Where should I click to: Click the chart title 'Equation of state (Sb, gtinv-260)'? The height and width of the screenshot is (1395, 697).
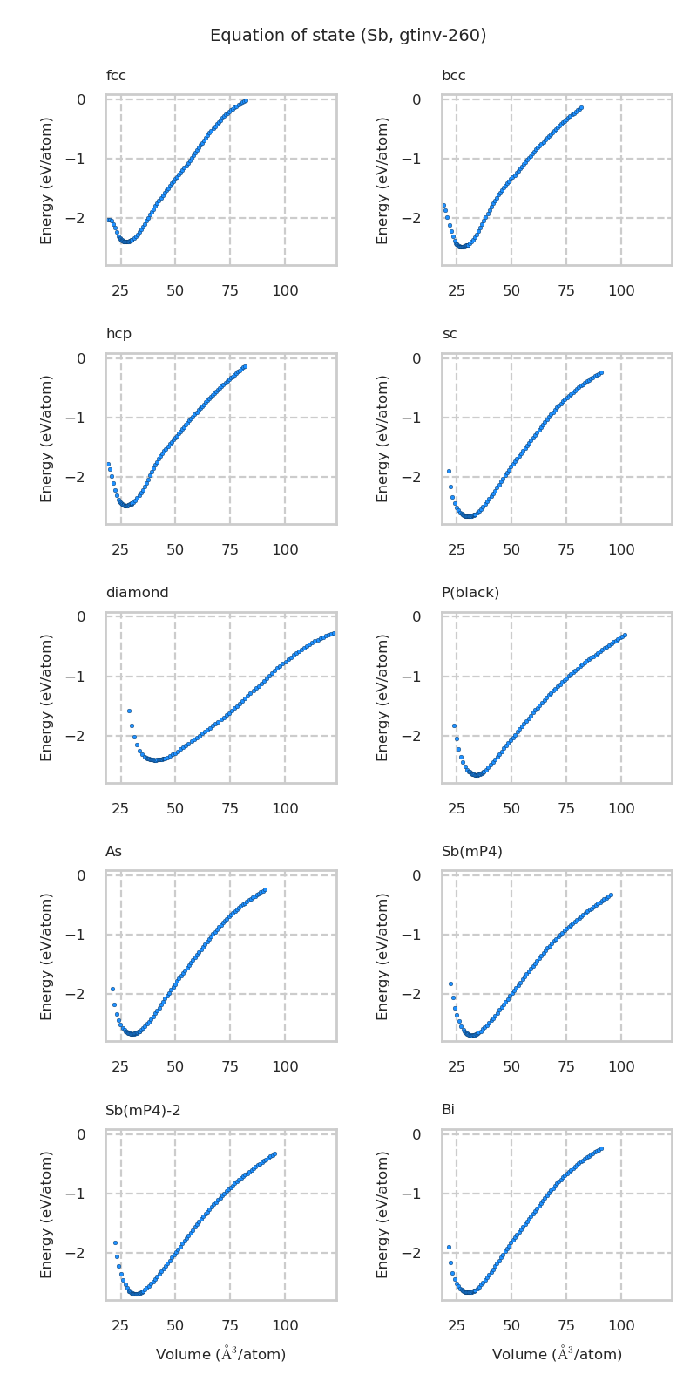348,36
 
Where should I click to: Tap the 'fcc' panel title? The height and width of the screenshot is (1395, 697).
116,76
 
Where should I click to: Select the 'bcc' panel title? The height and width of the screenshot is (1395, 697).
453,76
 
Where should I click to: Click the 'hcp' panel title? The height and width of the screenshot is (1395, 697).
118,334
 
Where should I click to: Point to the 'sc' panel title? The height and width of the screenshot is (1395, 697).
449,334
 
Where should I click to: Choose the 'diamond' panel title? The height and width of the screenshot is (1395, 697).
137,593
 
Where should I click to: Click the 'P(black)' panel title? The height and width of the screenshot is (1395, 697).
470,593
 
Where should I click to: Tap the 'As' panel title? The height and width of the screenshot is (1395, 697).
114,851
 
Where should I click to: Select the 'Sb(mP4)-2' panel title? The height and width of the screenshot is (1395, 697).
143,1110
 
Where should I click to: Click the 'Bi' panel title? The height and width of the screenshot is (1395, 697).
448,1110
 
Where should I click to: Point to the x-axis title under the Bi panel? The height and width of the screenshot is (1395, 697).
557,1354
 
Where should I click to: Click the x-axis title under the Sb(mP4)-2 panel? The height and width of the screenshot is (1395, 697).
220,1354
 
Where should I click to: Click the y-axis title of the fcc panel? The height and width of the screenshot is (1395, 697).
47,180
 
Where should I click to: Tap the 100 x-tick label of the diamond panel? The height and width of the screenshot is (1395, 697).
285,808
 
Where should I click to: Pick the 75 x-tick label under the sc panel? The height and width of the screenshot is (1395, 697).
566,549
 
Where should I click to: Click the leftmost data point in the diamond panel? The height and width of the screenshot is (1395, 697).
129,711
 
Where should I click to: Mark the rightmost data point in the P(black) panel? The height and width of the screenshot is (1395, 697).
625,635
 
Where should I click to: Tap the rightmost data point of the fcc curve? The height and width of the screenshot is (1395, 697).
246,100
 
